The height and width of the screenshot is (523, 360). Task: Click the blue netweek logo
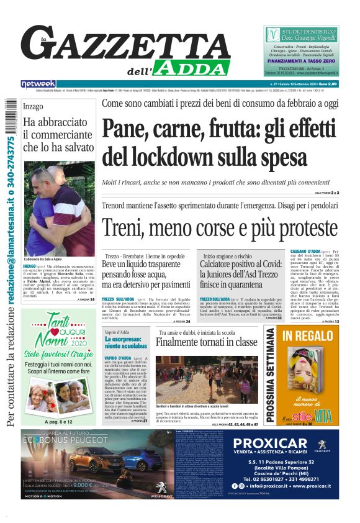[x=38, y=83]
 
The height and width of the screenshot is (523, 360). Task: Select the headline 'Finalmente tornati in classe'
[x=206, y=342]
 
